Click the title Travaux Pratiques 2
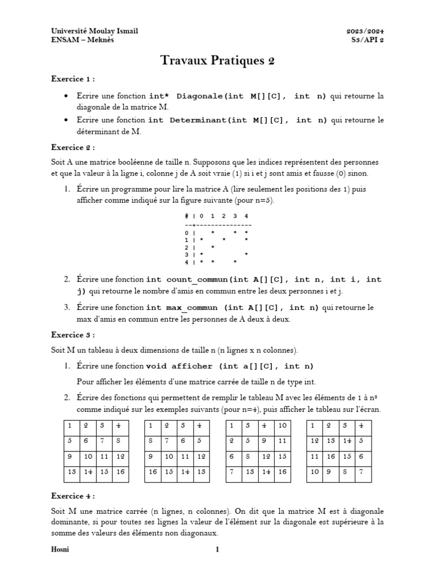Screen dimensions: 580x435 click(x=217, y=61)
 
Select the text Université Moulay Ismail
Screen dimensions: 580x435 click(x=95, y=31)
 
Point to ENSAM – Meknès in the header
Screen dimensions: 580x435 click(x=82, y=41)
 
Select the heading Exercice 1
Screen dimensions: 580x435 click(x=72, y=79)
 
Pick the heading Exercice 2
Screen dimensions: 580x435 click(x=72, y=147)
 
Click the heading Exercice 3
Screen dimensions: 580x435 click(x=72, y=335)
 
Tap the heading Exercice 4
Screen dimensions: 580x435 click(x=72, y=496)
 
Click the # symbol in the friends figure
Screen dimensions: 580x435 click(x=186, y=216)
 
